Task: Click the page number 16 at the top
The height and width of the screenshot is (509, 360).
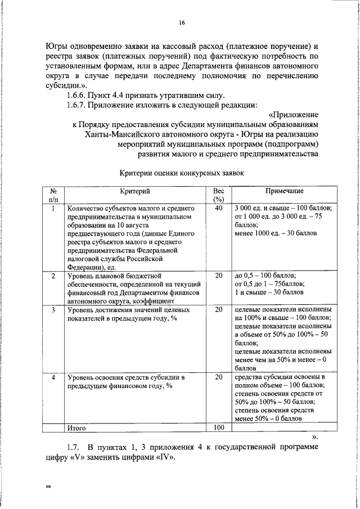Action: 182,22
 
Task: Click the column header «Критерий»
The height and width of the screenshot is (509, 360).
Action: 134,192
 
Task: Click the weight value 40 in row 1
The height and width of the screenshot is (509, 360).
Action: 218,209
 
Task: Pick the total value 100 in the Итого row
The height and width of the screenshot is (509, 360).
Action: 218,427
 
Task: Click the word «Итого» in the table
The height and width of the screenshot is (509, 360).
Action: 76,427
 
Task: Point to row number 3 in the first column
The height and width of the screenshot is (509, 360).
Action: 53,310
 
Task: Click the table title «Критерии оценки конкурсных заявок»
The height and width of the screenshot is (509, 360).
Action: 182,173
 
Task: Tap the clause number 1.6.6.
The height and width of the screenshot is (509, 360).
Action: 79,94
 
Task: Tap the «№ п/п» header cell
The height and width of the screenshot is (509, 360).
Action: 53,196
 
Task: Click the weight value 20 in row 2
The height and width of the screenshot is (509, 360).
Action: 218,276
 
